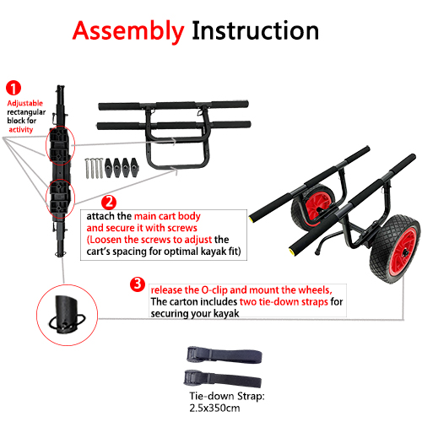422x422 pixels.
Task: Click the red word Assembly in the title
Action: [x=128, y=31]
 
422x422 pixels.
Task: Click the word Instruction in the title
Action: [x=255, y=30]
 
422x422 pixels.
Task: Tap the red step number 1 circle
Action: [x=14, y=88]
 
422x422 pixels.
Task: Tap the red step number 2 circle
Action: [x=109, y=203]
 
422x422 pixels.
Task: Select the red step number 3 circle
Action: [x=138, y=284]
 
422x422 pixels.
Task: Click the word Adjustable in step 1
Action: [x=25, y=103]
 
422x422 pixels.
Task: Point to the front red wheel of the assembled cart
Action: [x=396, y=248]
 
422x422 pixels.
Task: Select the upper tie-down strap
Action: [x=225, y=354]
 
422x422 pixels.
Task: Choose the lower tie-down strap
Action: [x=223, y=378]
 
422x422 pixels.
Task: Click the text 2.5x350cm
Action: [x=214, y=408]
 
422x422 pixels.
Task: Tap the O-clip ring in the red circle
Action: [x=50, y=322]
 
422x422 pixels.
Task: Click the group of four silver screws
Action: [x=94, y=168]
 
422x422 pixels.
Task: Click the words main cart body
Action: [x=167, y=216]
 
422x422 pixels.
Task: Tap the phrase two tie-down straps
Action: [x=284, y=302]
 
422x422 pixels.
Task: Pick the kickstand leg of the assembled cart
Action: [x=321, y=244]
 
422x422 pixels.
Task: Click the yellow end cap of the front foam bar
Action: [x=290, y=251]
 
